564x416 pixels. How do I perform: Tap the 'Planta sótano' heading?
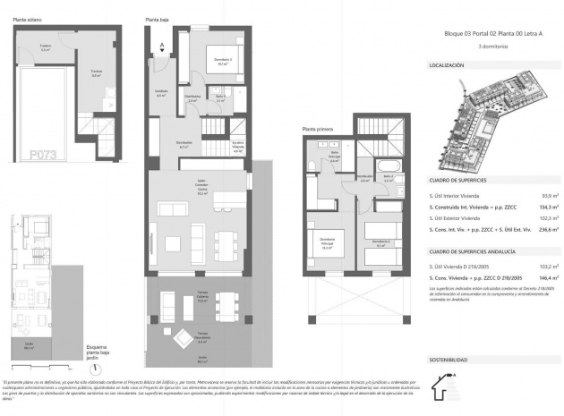[30, 18]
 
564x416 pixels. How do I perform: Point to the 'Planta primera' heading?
[319, 129]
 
